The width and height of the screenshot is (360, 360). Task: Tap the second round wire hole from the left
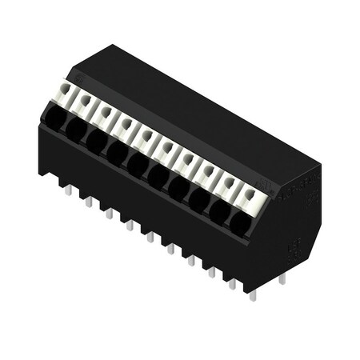76,129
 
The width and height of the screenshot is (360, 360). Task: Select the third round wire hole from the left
97,140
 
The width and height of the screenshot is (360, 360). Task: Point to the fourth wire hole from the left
118,150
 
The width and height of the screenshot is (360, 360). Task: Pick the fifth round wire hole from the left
138,162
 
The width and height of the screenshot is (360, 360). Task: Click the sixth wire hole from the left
158,174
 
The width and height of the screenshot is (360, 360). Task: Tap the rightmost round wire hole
239,222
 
